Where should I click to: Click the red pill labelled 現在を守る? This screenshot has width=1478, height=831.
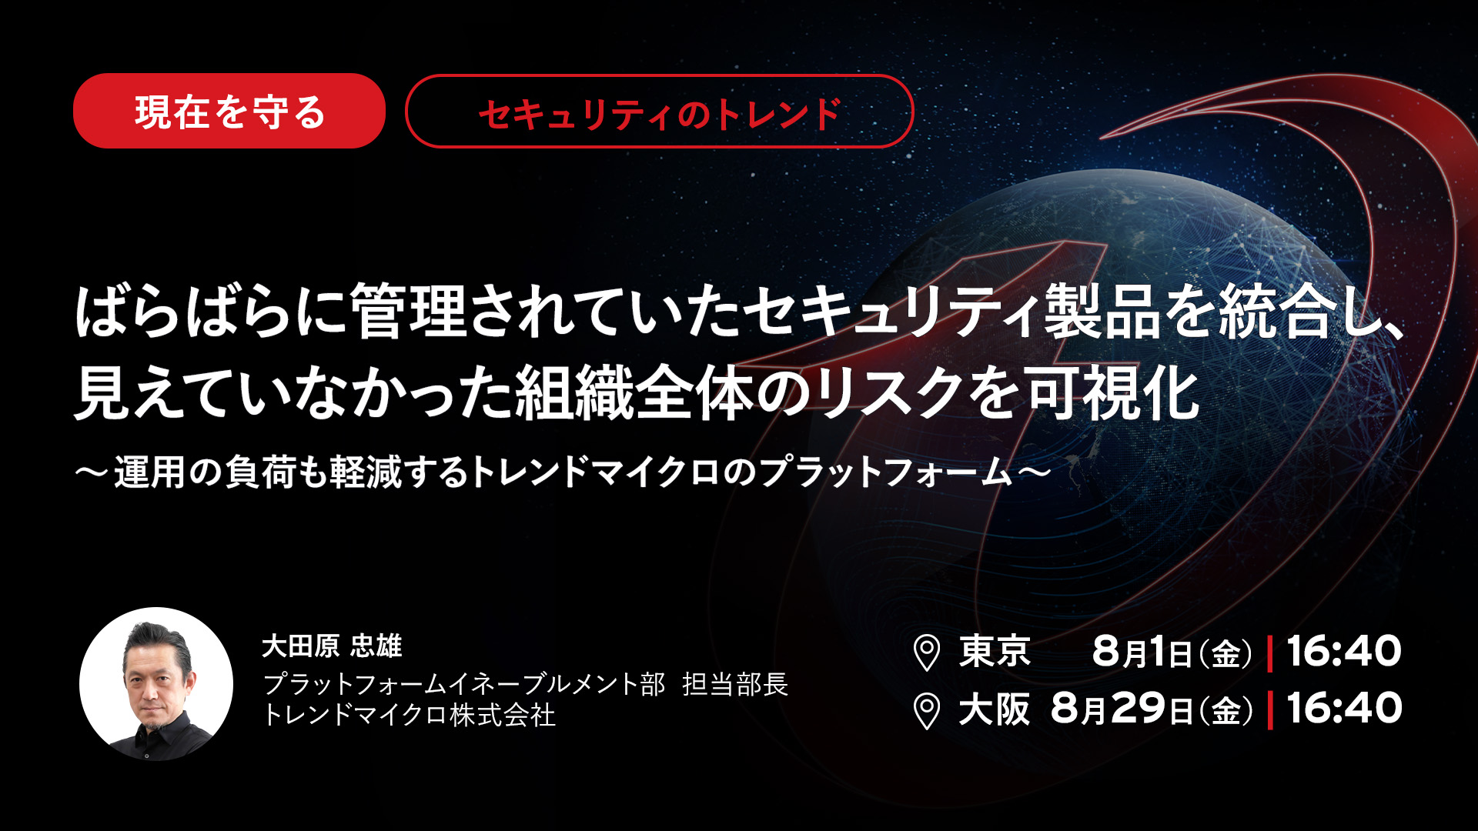[229, 111]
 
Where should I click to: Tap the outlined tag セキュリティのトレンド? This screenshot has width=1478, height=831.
[660, 111]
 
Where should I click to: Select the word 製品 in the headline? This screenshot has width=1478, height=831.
[1102, 312]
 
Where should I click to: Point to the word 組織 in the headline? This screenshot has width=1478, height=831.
[574, 393]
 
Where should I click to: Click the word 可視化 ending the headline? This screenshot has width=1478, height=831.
[1112, 393]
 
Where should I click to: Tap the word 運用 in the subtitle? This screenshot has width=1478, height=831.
[150, 472]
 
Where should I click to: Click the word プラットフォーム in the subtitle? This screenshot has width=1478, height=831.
[886, 472]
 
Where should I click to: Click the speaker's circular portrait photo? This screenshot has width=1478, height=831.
[156, 684]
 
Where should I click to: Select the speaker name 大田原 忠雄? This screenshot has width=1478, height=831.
[332, 646]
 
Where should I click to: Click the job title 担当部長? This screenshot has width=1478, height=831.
[735, 684]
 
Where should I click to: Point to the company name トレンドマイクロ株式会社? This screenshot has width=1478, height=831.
[409, 715]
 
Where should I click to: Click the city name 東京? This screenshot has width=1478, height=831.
[995, 651]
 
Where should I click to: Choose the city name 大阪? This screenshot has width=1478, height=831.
[995, 709]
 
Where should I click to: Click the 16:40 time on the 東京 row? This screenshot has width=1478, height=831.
[1344, 651]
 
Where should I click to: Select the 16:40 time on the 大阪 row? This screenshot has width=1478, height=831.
[1344, 708]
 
